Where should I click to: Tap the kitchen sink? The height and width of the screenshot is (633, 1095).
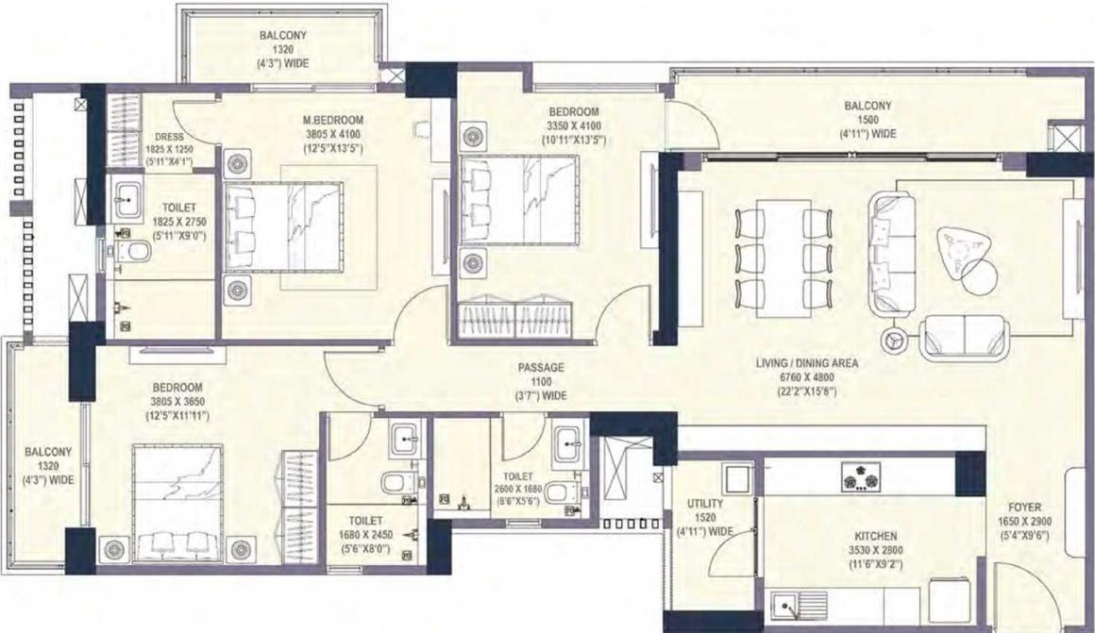(x=799, y=607)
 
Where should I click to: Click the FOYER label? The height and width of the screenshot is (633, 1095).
(x=1024, y=508)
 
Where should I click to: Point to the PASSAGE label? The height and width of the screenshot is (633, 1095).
(x=541, y=367)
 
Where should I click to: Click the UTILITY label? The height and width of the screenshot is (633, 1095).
(x=704, y=503)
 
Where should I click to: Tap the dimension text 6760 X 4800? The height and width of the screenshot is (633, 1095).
(x=806, y=377)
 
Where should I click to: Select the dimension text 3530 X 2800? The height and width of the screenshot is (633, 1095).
(x=876, y=551)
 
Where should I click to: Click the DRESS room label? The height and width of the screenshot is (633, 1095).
(x=170, y=137)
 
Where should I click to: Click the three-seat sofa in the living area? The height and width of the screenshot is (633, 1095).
(x=892, y=254)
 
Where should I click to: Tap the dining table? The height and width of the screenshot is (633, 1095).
(x=783, y=258)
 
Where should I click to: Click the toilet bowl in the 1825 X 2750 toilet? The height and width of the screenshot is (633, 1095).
(x=135, y=251)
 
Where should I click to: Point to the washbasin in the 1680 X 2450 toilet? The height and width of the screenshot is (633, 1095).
(x=405, y=440)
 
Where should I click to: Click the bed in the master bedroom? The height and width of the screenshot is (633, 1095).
(x=283, y=225)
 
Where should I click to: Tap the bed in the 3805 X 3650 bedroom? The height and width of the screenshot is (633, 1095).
(x=178, y=503)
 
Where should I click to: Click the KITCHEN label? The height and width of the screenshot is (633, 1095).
(x=876, y=536)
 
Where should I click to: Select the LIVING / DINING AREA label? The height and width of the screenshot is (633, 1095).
(x=806, y=363)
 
